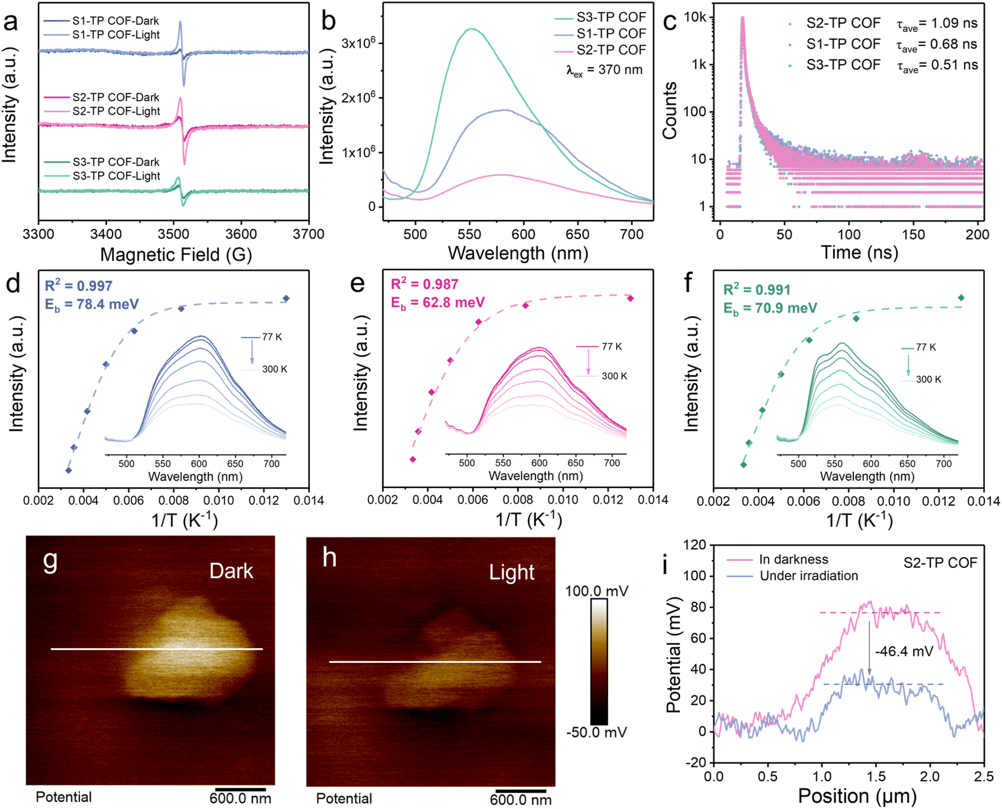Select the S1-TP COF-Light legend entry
click(x=102, y=35)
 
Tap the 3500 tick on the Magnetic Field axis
click(x=173, y=234)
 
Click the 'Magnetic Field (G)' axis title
click(x=176, y=255)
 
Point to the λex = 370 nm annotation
click(x=605, y=70)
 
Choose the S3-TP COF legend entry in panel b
click(x=600, y=17)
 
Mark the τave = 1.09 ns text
click(x=937, y=24)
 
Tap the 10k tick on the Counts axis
click(x=695, y=17)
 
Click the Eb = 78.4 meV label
click(x=92, y=305)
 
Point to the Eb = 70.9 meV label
click(x=770, y=309)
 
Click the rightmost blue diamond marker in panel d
click(x=286, y=298)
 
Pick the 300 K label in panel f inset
click(x=929, y=379)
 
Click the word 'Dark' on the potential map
click(x=231, y=571)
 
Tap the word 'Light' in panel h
click(x=512, y=572)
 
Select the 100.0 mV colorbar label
click(x=596, y=591)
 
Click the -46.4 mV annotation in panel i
click(x=904, y=652)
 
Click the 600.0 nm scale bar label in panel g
click(x=240, y=798)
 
